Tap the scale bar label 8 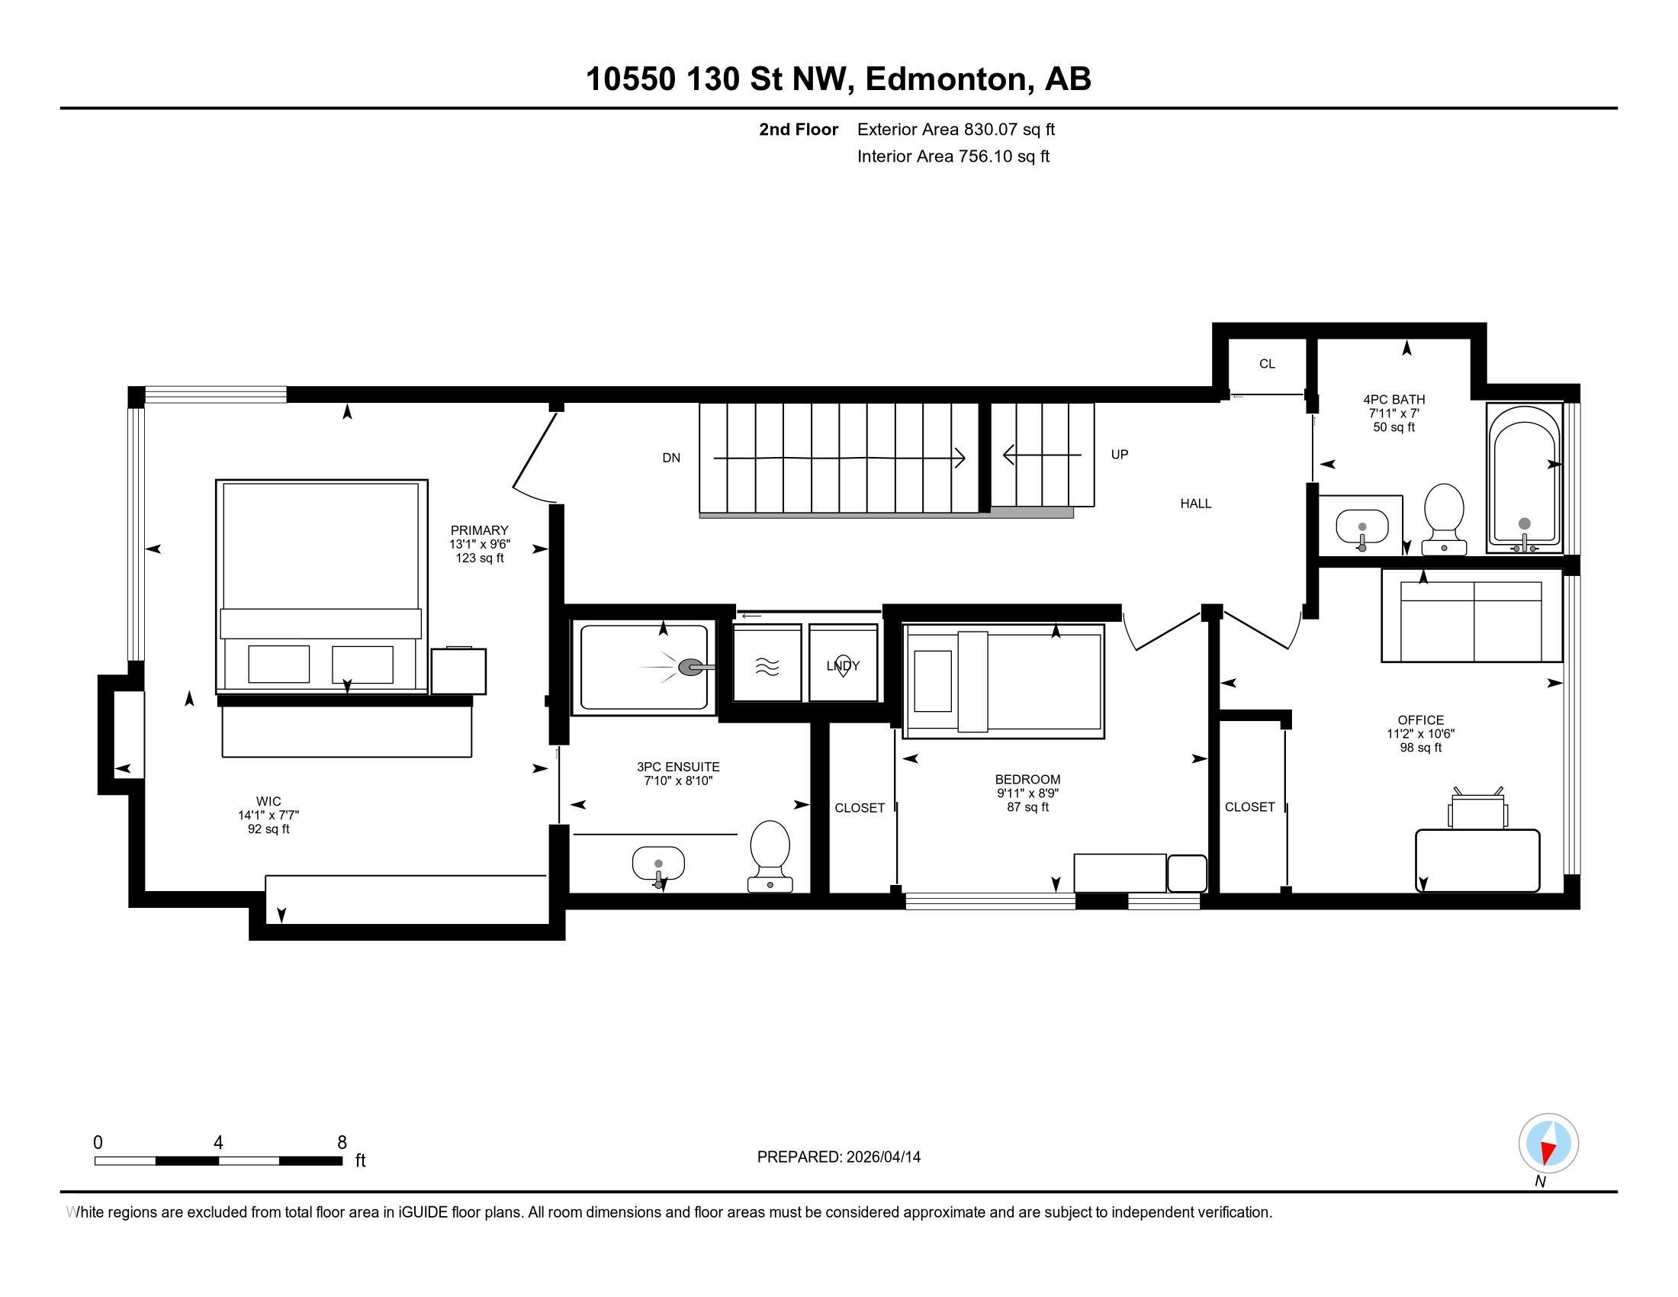(342, 1143)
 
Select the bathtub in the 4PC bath (1525, 476)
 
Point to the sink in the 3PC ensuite (658, 864)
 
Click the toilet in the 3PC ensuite (770, 856)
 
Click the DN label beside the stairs (670, 458)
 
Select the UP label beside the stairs (1120, 454)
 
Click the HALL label (1195, 504)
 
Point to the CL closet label (1267, 364)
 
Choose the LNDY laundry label (843, 665)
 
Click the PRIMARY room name (480, 530)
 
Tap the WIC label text (269, 801)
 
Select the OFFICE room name (1421, 720)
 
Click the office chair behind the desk (1477, 808)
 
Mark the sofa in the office (1471, 616)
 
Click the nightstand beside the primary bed (458, 671)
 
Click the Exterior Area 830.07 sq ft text (956, 129)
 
